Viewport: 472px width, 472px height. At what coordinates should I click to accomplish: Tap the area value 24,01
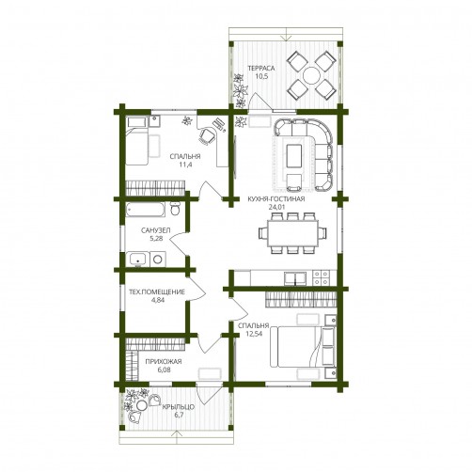point(276,207)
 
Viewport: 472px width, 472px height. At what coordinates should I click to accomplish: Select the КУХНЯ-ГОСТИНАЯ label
point(276,199)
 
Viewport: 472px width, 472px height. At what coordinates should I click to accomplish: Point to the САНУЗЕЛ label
point(156,230)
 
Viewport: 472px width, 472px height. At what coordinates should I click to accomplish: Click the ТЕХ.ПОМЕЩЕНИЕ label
point(157,291)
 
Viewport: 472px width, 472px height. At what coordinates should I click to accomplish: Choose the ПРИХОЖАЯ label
point(164,362)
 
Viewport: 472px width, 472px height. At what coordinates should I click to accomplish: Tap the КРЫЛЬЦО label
point(179,407)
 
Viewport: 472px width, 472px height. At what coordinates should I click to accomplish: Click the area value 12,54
point(255,334)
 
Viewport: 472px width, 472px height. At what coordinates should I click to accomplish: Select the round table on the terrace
point(311,76)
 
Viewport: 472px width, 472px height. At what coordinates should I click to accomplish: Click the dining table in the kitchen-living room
point(292,233)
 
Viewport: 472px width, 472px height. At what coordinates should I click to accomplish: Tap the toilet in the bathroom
point(175,209)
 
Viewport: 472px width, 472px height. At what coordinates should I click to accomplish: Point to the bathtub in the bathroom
point(146,210)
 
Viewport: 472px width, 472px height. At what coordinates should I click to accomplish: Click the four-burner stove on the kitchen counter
point(322,278)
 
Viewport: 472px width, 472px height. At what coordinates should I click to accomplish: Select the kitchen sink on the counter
point(295,278)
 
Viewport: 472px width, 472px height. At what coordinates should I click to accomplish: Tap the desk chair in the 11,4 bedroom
point(206,136)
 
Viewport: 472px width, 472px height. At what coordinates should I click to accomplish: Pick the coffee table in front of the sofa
point(294,155)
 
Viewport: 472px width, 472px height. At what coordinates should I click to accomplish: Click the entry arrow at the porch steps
point(177,437)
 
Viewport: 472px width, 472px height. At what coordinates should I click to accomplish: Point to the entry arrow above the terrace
point(286,34)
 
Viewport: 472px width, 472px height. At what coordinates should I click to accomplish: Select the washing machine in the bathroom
point(158,260)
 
